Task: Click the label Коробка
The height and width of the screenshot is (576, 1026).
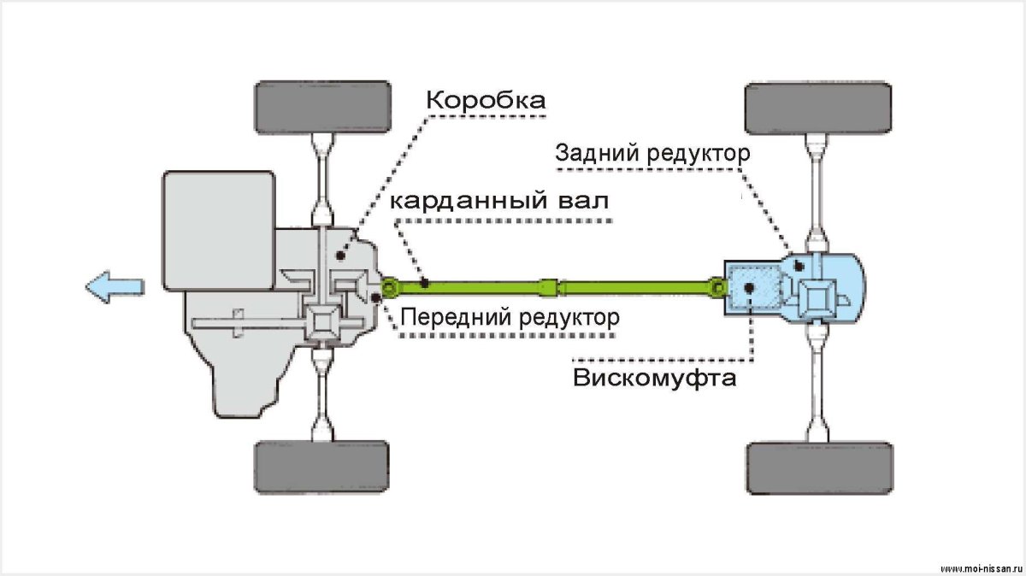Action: [486, 101]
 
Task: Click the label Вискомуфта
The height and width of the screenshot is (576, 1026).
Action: [655, 377]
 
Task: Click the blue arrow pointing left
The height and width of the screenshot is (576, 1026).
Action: [115, 286]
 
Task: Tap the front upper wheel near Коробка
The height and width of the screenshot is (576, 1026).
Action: [324, 107]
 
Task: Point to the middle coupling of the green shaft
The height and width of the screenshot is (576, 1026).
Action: [552, 285]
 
